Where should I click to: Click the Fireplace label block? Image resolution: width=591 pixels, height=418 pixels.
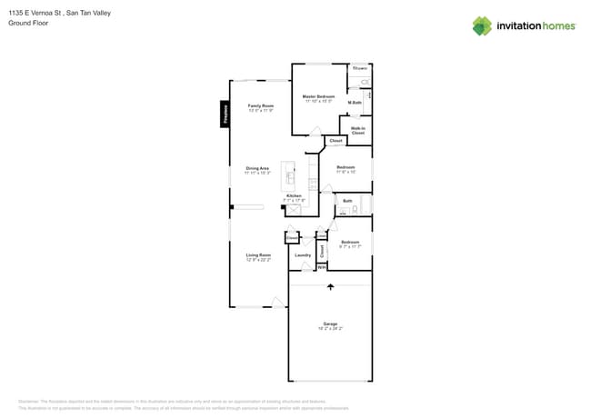pos(225,114)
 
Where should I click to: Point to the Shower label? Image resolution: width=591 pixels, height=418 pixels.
pos(360,68)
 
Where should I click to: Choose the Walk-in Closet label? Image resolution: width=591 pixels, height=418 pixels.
pos(358,131)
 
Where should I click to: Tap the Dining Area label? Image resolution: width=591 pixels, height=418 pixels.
pos(257,169)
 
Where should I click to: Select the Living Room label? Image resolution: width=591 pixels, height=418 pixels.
pos(259,256)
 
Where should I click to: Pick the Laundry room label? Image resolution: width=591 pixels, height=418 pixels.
pos(303,255)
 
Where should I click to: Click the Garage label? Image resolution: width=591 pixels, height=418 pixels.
pos(329,324)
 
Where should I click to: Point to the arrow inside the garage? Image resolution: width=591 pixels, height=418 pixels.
pos(330,288)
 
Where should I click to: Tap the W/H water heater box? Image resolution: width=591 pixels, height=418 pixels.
pos(321,267)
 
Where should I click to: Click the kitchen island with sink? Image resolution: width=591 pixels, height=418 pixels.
pos(291,173)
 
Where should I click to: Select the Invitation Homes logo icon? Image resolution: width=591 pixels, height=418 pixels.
pos(481,25)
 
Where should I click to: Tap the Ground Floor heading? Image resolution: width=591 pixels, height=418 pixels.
pos(28,23)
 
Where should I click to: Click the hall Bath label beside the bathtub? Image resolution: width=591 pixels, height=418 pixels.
pos(347,201)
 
